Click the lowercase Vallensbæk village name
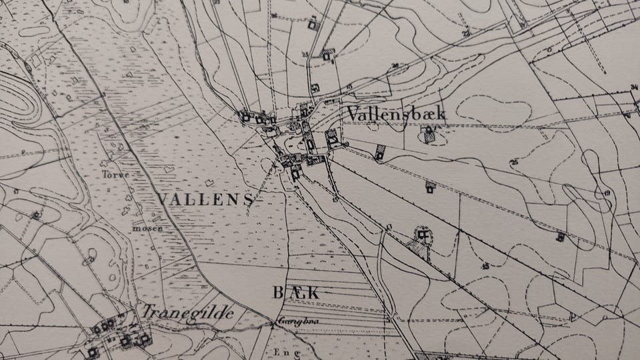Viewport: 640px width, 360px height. (x=396, y=113)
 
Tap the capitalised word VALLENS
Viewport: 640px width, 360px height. (x=207, y=199)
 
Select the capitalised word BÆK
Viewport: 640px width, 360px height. (x=296, y=292)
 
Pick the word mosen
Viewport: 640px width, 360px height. (x=147, y=228)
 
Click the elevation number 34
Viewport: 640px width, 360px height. (x=634, y=87)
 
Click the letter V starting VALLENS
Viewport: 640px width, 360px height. (x=163, y=199)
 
